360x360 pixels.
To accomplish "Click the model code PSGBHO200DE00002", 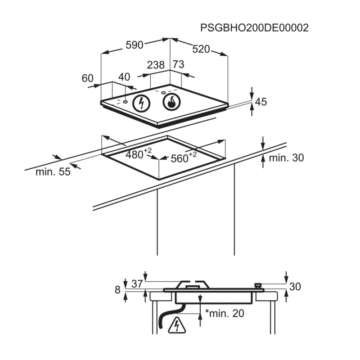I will tap(254, 27).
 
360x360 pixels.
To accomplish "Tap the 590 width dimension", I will tap(134, 45).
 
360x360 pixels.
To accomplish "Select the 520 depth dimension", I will tap(201, 49).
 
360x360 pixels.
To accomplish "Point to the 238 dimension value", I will tap(156, 65).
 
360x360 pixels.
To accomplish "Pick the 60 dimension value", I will tap(87, 78).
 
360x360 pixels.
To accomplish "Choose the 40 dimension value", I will tap(124, 77).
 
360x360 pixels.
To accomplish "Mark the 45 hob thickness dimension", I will tap(261, 102).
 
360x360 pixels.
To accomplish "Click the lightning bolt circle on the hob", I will tap(142, 103).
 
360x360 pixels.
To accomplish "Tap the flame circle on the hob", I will tap(171, 103).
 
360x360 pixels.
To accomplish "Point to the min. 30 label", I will tap(286, 158).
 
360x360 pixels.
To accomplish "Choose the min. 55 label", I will tap(53, 171).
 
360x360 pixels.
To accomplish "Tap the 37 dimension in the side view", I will tap(137, 283).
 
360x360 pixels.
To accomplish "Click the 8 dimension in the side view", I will tap(118, 290).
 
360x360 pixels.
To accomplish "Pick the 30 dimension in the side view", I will tap(295, 287).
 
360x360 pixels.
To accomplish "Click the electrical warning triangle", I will tap(176, 326).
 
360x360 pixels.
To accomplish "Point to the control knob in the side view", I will tap(258, 284).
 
